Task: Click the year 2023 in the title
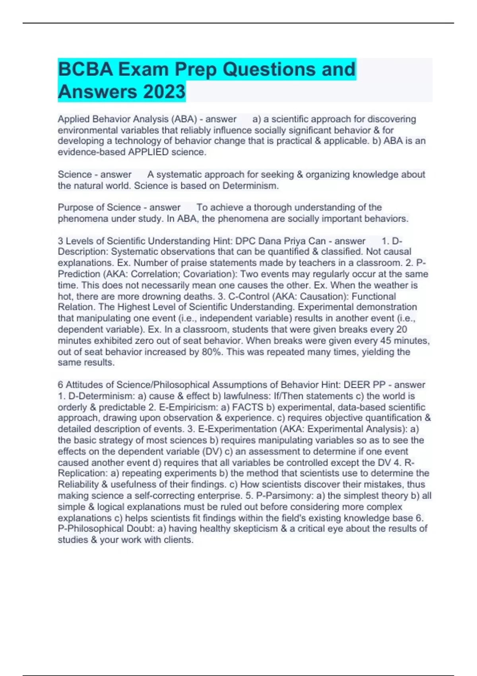[x=164, y=91]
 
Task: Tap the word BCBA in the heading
[x=85, y=69]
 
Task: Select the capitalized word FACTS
[x=248, y=407]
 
